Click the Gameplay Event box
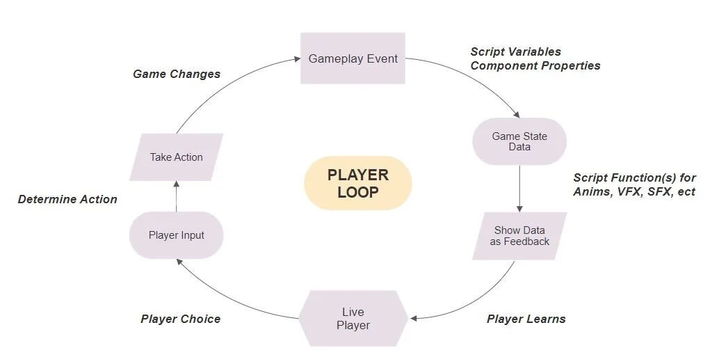(353, 59)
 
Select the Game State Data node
(519, 142)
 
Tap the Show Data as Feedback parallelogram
(521, 236)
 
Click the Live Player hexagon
(353, 319)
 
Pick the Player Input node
(177, 235)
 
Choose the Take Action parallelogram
(177, 157)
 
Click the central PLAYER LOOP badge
(358, 184)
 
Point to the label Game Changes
(177, 74)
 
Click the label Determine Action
(67, 199)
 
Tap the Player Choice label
(180, 319)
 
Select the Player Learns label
(526, 319)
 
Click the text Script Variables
(515, 52)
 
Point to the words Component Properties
(535, 65)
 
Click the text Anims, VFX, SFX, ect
(634, 192)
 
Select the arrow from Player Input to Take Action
(177, 196)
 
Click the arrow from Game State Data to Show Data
(519, 189)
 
